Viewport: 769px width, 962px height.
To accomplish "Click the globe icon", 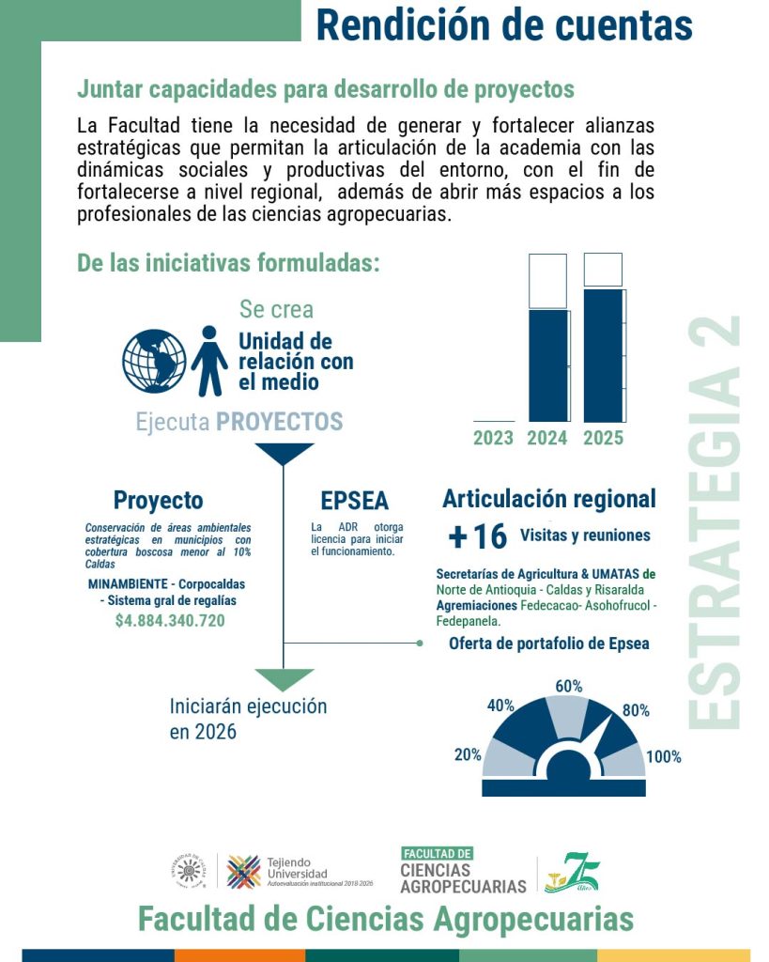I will (x=155, y=361).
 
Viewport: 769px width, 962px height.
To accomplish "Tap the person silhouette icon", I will (x=209, y=362).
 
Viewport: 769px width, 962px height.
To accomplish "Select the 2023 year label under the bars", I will (x=493, y=438).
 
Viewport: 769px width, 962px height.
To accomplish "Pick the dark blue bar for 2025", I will (x=603, y=354).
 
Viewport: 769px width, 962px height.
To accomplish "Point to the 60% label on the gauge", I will (x=569, y=687).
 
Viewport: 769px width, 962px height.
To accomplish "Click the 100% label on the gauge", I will (x=663, y=757).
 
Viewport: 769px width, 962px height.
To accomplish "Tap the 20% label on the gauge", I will (x=469, y=754).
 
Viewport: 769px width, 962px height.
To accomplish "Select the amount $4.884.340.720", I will (x=170, y=621).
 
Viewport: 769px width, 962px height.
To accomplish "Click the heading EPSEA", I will (x=354, y=501).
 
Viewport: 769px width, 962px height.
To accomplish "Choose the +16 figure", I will (x=478, y=537).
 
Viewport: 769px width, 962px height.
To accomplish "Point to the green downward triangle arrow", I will (x=284, y=678).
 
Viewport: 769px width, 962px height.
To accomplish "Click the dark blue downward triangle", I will (x=284, y=454).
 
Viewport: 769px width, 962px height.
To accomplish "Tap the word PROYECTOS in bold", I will (x=279, y=422).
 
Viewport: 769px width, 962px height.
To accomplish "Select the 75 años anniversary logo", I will (x=573, y=873).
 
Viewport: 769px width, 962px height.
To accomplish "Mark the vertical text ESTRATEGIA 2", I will (x=715, y=521).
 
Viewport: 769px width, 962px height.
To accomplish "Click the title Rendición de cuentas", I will (x=504, y=24).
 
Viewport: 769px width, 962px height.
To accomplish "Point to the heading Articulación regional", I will (x=549, y=499).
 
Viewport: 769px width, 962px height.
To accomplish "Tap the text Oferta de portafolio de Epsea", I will (x=548, y=644).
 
